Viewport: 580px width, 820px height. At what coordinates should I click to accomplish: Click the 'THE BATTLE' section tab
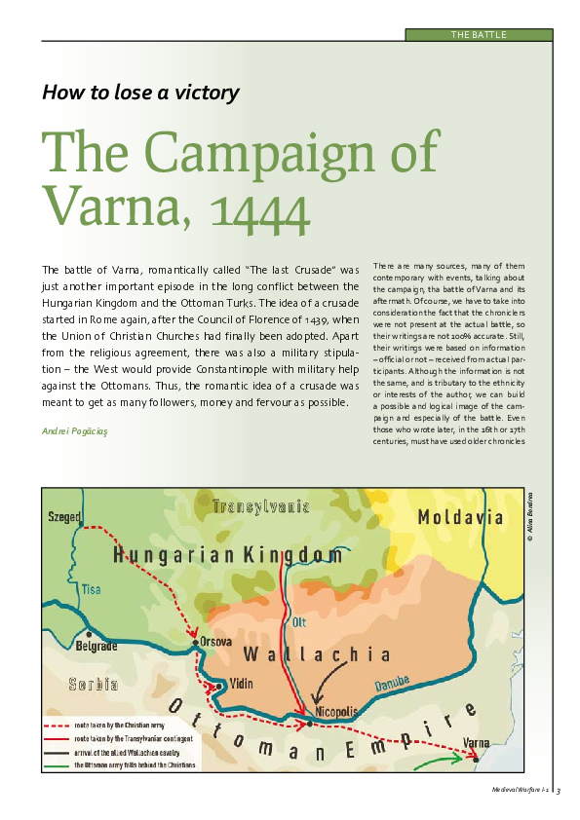pyautogui.click(x=479, y=35)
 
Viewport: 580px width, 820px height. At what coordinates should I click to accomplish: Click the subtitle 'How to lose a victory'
pyautogui.click(x=140, y=93)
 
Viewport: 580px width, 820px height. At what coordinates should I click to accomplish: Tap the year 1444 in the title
pyautogui.click(x=247, y=206)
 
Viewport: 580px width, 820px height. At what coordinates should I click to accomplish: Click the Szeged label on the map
pyautogui.click(x=65, y=517)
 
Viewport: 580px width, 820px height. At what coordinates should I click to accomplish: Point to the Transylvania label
pyautogui.click(x=261, y=506)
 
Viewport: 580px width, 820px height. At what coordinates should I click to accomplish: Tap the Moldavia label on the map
pyautogui.click(x=461, y=517)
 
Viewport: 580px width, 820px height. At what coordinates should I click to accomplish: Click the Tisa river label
pyautogui.click(x=91, y=589)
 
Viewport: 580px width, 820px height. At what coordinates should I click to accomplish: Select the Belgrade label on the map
pyautogui.click(x=97, y=645)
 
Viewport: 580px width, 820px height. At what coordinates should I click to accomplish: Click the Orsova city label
pyautogui.click(x=215, y=642)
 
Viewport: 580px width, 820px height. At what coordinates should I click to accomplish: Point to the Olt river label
pyautogui.click(x=299, y=621)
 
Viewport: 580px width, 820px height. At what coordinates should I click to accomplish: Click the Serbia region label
pyautogui.click(x=94, y=685)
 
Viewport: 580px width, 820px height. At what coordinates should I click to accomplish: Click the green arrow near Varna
pyautogui.click(x=439, y=757)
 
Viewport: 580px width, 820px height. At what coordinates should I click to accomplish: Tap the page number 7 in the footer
pyautogui.click(x=560, y=792)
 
